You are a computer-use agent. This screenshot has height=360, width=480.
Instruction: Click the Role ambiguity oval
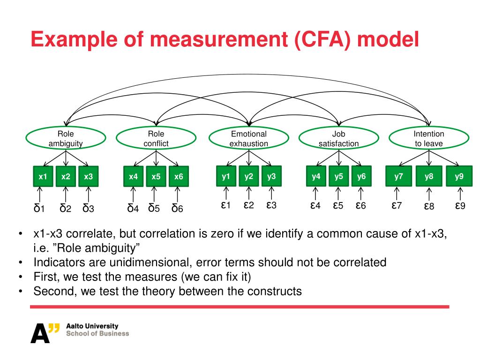coord(66,138)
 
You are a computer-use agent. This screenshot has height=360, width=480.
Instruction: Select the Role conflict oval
coord(156,138)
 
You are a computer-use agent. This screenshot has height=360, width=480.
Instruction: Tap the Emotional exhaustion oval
coord(248,138)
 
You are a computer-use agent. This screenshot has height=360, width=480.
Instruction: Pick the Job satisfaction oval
coord(338,138)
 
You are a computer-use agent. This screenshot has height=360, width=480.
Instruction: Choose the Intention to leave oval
coord(428,138)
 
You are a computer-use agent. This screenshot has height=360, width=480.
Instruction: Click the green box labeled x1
coord(43,177)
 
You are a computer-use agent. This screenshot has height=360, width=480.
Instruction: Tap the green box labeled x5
coord(156,177)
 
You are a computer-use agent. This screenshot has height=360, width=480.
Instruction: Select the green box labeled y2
coord(248,177)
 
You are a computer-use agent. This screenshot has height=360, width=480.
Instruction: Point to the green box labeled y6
coord(361,177)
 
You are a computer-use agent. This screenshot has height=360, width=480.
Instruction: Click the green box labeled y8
coord(429,177)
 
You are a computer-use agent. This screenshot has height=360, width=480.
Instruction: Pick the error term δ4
coord(133,208)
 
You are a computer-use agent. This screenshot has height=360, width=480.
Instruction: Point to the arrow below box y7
coord(397,193)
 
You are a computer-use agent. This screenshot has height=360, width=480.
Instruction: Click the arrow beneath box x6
coord(178,194)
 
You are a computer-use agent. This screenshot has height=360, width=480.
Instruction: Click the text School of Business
coord(97,333)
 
